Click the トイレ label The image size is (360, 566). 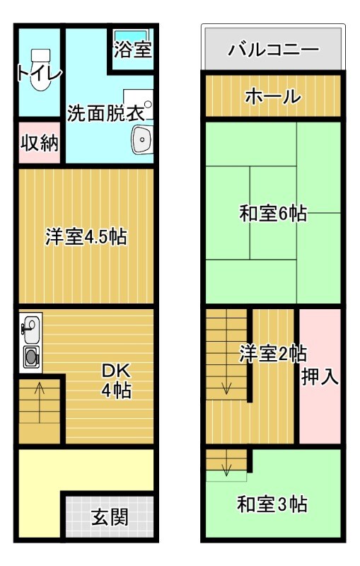40,73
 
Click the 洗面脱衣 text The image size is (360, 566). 106,112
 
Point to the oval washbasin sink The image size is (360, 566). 142,139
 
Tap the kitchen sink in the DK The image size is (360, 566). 31,328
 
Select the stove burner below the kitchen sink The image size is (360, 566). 32,357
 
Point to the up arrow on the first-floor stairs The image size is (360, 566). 40,388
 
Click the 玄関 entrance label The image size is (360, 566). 110,518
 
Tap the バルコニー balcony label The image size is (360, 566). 273,50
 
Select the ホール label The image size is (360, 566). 273,97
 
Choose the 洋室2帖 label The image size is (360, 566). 272,353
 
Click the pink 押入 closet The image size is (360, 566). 320,376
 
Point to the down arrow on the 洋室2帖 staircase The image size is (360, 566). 227,387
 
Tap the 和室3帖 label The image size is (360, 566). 272,504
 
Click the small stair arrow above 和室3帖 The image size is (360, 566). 227,469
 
